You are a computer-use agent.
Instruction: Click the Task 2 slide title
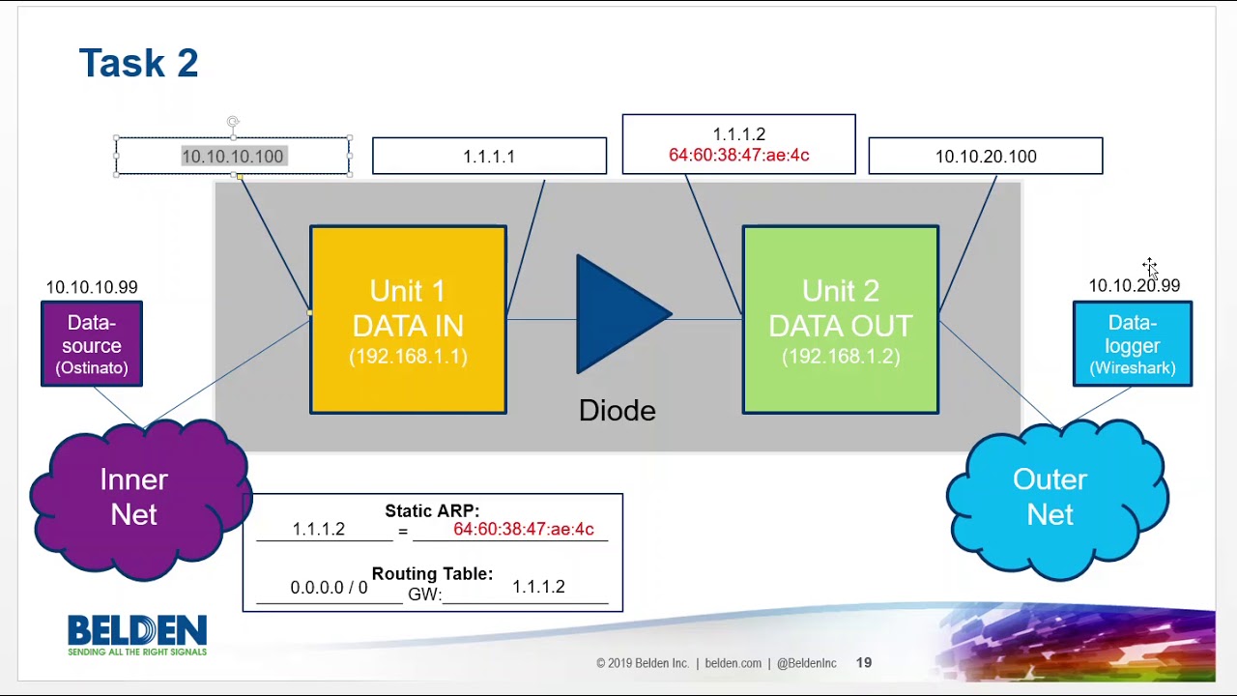click(x=138, y=64)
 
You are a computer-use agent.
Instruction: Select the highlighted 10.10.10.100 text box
click(x=233, y=157)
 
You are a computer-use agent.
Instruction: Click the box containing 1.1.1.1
click(x=489, y=157)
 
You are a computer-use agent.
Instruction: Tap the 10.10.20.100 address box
click(x=986, y=157)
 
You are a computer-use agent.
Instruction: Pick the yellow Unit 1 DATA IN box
click(x=408, y=320)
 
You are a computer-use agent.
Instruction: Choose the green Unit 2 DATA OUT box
click(x=840, y=320)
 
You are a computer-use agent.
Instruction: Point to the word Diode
click(x=617, y=411)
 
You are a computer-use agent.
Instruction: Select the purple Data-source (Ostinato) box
click(x=92, y=344)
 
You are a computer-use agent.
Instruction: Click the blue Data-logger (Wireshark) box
click(x=1133, y=344)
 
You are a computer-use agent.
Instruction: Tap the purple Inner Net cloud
click(x=134, y=497)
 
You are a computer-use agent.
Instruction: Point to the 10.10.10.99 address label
click(x=92, y=287)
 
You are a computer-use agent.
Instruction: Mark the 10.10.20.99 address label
click(x=1134, y=286)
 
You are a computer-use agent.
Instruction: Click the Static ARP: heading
click(x=432, y=511)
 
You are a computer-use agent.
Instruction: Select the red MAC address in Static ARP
click(x=524, y=530)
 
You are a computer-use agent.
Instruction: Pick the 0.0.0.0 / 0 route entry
click(x=329, y=588)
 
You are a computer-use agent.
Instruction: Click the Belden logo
click(x=137, y=635)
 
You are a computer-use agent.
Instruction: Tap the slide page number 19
click(x=864, y=663)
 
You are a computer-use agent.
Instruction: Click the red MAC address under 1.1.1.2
click(x=738, y=156)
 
